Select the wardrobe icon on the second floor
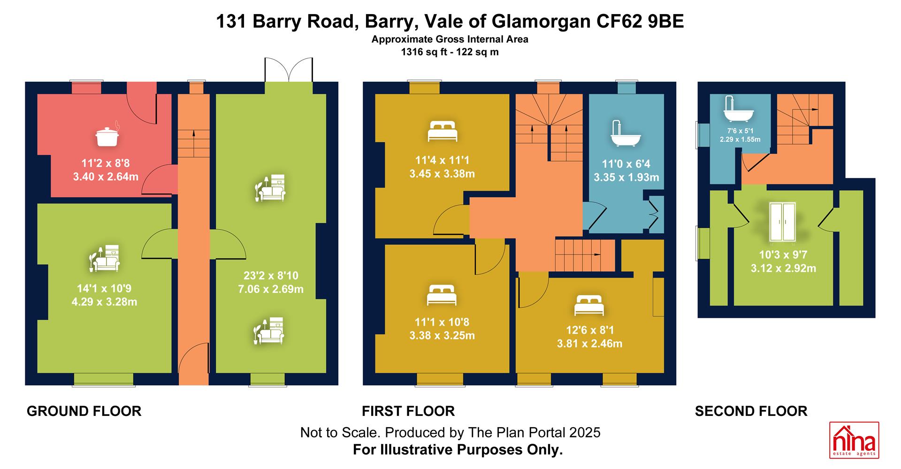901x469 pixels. point(783,223)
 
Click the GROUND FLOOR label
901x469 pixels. point(84,411)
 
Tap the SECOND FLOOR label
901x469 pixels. point(751,411)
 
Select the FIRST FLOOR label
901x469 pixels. point(408,411)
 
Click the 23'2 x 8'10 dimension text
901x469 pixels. point(271,276)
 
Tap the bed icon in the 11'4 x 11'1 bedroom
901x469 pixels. point(443,131)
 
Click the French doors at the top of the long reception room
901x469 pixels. point(289,70)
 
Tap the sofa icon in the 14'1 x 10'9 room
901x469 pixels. point(105,258)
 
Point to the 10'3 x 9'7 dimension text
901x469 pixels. point(783,255)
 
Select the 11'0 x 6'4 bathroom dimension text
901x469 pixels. point(626,164)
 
